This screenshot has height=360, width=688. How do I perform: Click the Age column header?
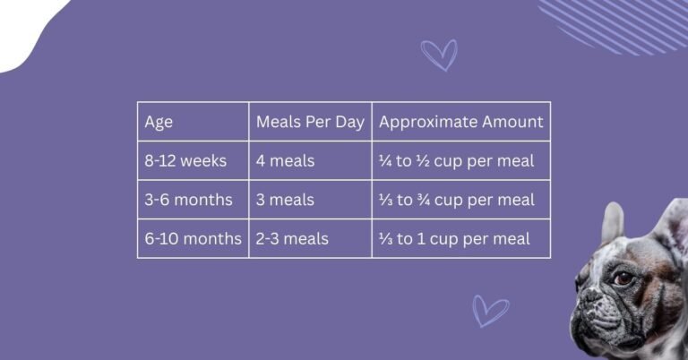(x=159, y=122)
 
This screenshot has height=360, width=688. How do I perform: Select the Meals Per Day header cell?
(x=310, y=122)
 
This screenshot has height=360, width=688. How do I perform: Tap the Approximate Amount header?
(x=460, y=122)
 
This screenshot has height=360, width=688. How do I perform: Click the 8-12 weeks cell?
(x=185, y=161)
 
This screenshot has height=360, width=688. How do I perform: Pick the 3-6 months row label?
(x=188, y=200)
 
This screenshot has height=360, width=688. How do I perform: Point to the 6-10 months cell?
(x=193, y=239)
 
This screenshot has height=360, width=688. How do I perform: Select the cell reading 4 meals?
(x=285, y=161)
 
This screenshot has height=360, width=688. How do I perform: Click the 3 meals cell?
(x=285, y=200)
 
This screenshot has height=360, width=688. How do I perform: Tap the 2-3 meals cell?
(x=292, y=239)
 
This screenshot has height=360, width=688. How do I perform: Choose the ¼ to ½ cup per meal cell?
(x=456, y=161)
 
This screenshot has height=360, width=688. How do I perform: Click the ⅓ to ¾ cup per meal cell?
(x=456, y=200)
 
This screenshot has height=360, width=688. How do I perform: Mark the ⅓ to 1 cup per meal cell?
(x=454, y=239)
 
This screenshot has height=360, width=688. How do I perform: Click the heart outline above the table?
(x=439, y=55)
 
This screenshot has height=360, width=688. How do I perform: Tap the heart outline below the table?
(x=489, y=310)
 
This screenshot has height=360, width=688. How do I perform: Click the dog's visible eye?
(x=623, y=279)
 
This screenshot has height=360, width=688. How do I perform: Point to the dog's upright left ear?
(x=613, y=223)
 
